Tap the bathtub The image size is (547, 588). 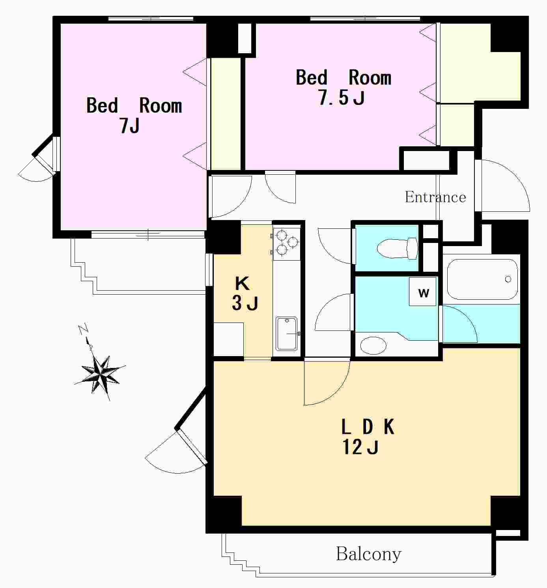point(482,280)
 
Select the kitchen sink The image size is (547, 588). point(286,334)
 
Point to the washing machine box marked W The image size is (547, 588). point(423,291)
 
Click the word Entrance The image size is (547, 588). point(435,197)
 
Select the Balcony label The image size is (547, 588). point(369,554)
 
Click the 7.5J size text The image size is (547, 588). point(342,98)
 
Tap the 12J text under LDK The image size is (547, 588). point(360,447)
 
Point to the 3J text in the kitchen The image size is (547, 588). point(245,303)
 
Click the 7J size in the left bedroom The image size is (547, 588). point(129,125)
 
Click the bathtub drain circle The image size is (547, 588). point(508,279)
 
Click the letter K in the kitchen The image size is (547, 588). point(242,283)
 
